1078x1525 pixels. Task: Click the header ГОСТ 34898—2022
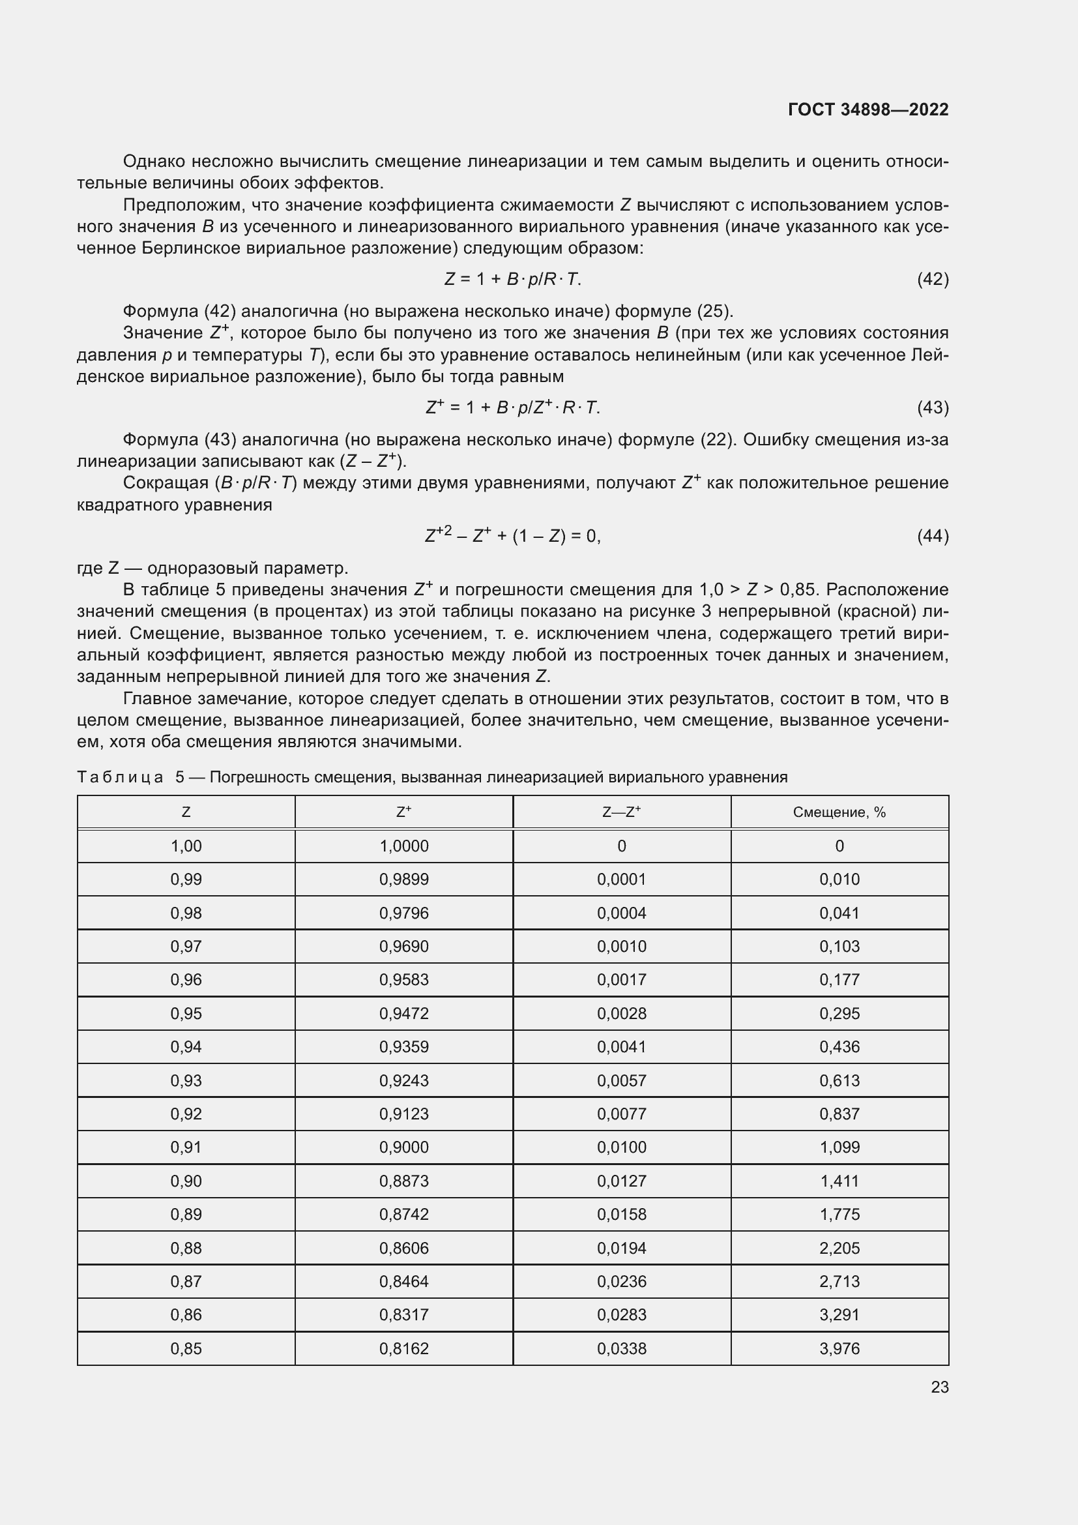click(867, 110)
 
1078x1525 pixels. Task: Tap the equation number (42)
click(933, 279)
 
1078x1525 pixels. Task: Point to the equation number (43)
click(933, 407)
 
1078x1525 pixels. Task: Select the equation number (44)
click(933, 535)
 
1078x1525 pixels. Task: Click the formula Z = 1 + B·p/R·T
click(512, 279)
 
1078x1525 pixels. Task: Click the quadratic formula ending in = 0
click(512, 535)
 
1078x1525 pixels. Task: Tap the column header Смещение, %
click(839, 812)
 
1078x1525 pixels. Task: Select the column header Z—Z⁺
click(621, 812)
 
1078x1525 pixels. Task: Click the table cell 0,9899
click(403, 880)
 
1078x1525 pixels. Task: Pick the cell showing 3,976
click(839, 1348)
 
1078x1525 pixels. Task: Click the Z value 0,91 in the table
click(186, 1147)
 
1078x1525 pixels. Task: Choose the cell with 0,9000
click(403, 1147)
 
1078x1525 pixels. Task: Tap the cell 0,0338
click(621, 1348)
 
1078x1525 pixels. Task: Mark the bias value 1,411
click(839, 1181)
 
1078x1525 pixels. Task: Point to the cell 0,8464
click(403, 1281)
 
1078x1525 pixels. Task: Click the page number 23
click(939, 1387)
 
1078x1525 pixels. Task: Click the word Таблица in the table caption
click(120, 777)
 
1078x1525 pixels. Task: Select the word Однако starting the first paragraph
click(154, 162)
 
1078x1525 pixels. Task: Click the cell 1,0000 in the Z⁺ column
click(403, 846)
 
